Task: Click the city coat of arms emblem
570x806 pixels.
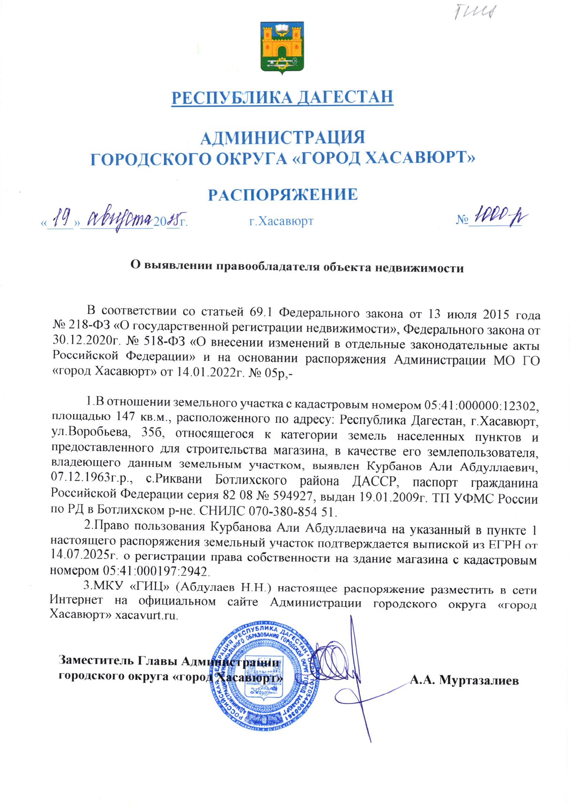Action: [x=282, y=48]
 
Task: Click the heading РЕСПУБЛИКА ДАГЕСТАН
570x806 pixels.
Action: [x=282, y=97]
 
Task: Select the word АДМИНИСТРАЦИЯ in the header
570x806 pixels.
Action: [x=283, y=137]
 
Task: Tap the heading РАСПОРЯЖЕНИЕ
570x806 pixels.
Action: [x=283, y=194]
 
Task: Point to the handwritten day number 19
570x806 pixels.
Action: [x=62, y=218]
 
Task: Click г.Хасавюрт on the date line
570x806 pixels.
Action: [x=281, y=222]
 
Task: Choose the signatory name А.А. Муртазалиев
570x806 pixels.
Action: [x=464, y=681]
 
